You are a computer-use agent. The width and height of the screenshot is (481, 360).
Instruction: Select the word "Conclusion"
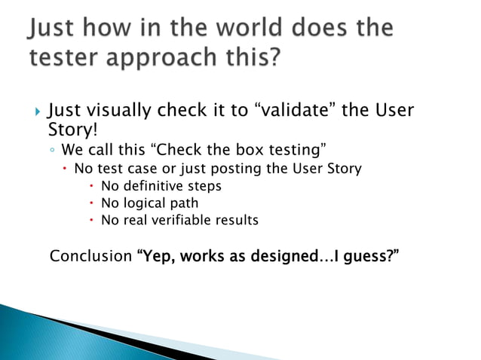(90, 256)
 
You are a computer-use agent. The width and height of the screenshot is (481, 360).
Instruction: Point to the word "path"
(185, 203)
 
